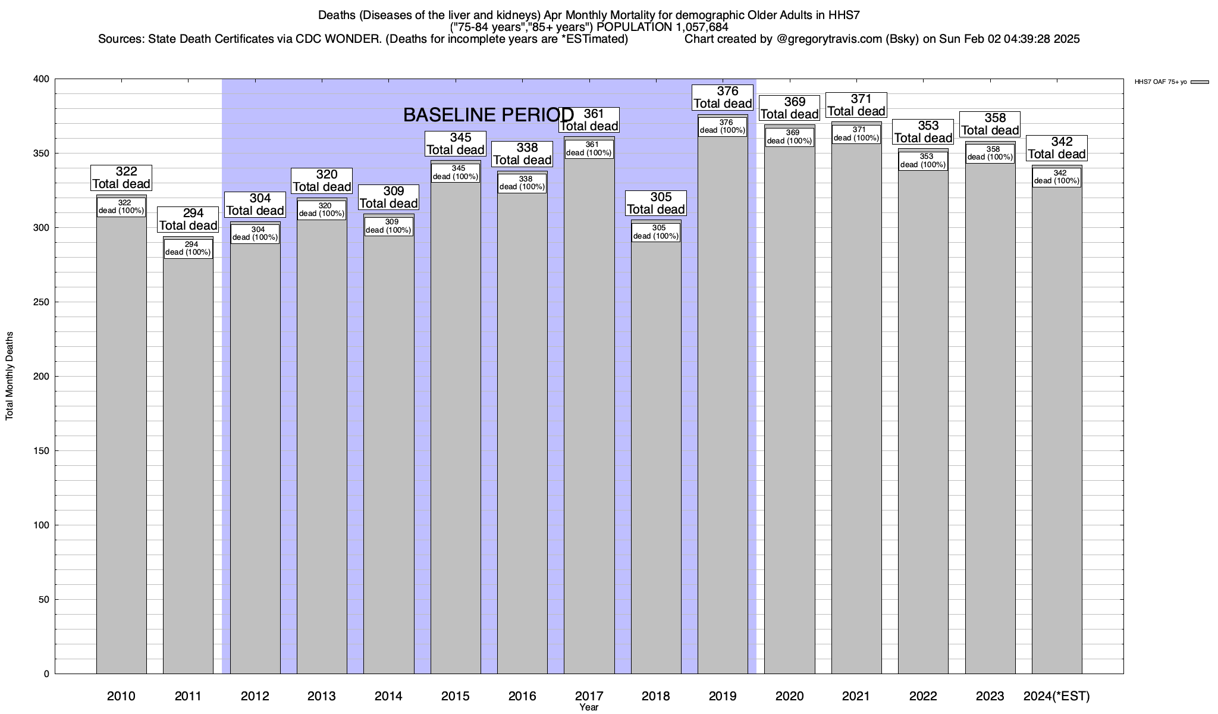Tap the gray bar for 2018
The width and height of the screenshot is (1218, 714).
point(656,458)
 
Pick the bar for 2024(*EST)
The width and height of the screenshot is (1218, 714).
point(1057,434)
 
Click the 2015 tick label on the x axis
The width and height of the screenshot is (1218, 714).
point(456,696)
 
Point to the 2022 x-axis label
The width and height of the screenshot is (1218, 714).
point(923,696)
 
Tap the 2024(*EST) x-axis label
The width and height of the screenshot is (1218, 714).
point(1057,696)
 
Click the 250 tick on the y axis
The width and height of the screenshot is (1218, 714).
point(42,302)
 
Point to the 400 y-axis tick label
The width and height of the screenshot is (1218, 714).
point(42,79)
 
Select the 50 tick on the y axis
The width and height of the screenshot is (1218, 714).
point(45,600)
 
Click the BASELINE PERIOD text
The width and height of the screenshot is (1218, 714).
point(488,115)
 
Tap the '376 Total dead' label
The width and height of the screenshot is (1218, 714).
point(723,98)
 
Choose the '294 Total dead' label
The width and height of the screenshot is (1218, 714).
point(189,220)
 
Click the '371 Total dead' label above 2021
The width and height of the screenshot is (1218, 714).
point(856,105)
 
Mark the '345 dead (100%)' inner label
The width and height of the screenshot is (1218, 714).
point(456,173)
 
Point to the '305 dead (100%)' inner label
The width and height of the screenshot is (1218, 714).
point(656,232)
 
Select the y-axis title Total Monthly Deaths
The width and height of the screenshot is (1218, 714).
point(10,376)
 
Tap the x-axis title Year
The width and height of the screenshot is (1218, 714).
point(589,707)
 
